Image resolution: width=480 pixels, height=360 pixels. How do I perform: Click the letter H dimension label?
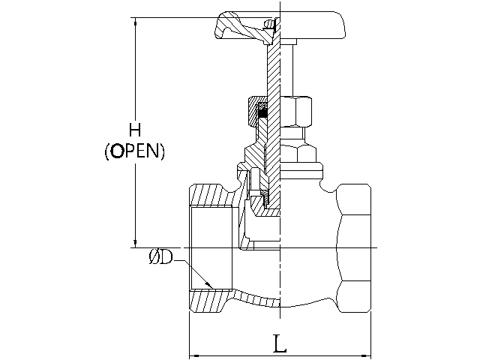tap(135, 130)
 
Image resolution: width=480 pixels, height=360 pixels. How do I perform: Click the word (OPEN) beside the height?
tap(134, 151)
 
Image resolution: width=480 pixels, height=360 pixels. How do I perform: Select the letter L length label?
tap(280, 343)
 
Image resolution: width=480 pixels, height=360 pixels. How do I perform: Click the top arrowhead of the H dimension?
tap(135, 22)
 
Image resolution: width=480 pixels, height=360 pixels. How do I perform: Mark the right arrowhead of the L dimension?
tap(366, 355)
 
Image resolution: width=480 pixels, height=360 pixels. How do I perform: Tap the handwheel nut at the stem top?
tap(270, 23)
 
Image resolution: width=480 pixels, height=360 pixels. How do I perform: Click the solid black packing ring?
tap(262, 113)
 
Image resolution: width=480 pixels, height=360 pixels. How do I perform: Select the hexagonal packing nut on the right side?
tap(296, 112)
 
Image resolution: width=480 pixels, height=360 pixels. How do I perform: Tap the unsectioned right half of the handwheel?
tap(312, 25)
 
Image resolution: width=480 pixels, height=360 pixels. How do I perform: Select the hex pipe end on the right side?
tap(354, 248)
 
